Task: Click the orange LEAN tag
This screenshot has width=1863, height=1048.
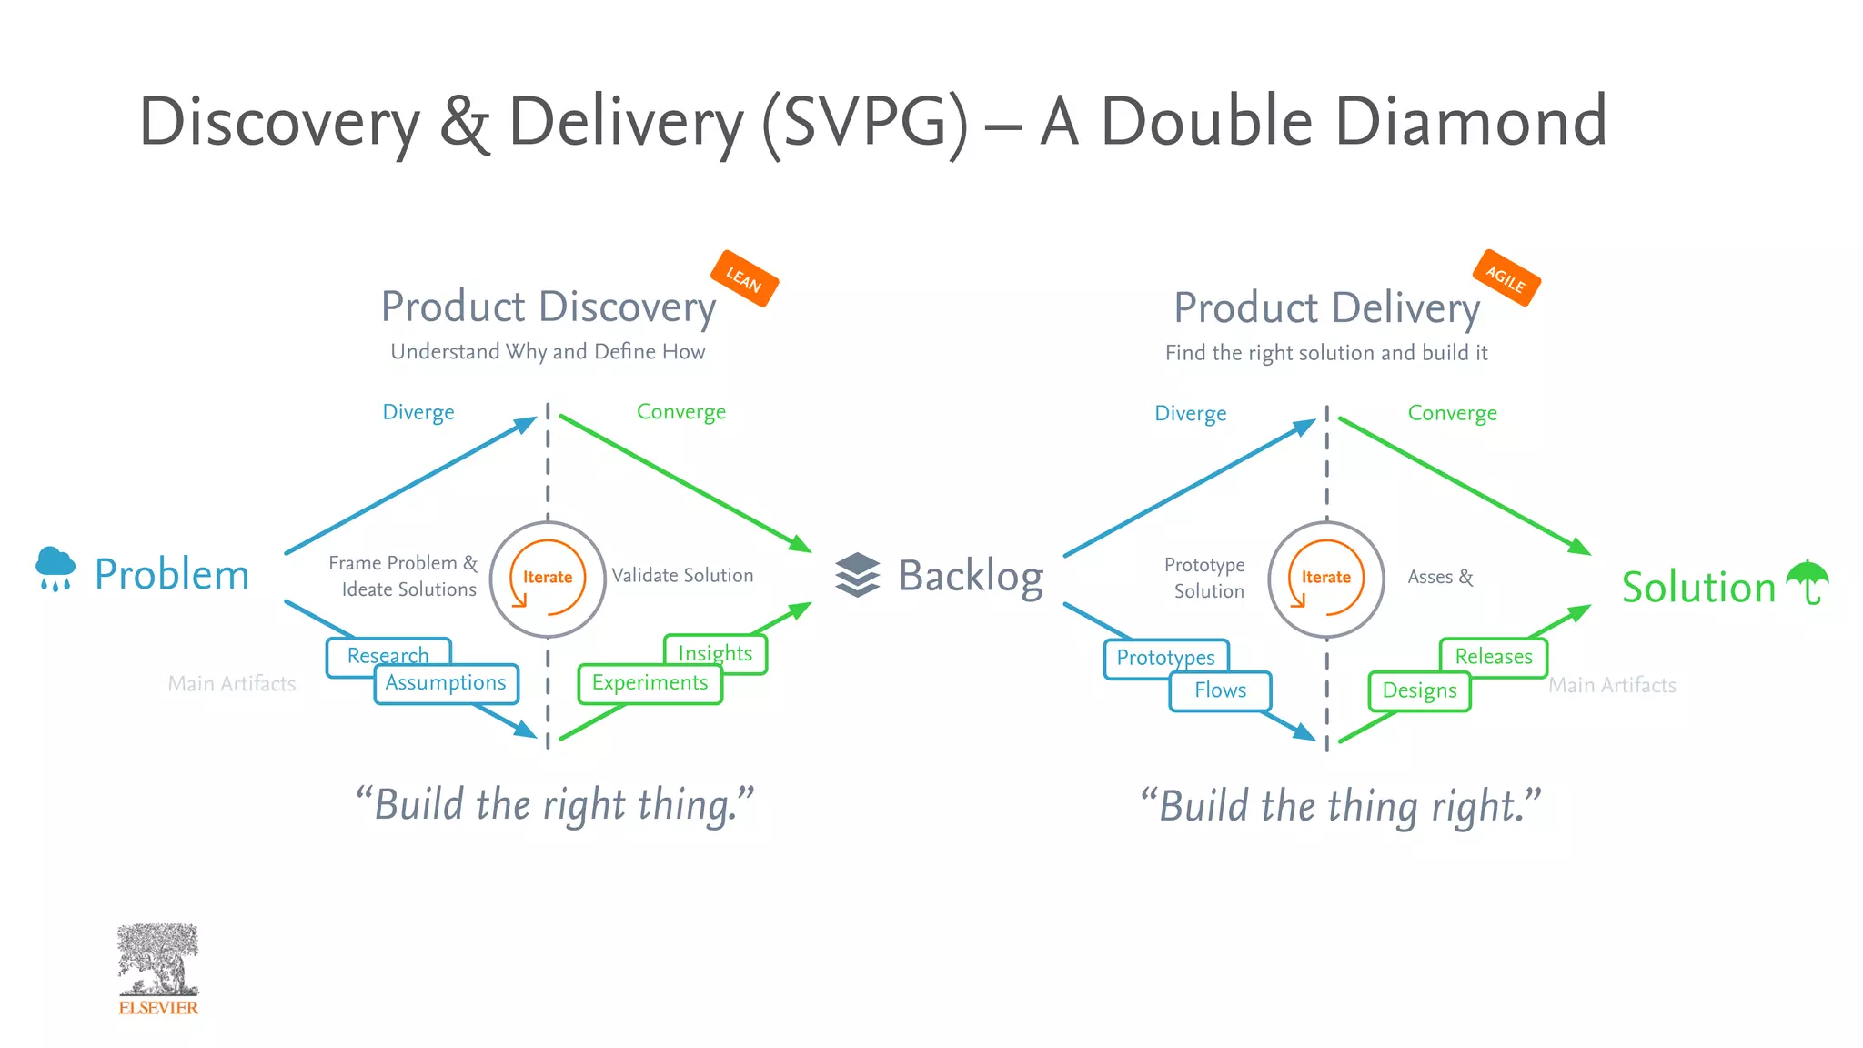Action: (743, 278)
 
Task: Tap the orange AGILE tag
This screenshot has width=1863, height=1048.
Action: (1506, 277)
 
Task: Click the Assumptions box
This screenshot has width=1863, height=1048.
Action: (446, 684)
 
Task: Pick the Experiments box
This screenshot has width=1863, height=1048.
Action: (650, 684)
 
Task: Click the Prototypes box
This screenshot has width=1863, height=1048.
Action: (1165, 657)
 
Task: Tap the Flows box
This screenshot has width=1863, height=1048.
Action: (1220, 691)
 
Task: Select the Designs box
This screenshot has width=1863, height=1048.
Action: (1419, 691)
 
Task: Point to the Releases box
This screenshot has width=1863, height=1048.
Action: (1493, 657)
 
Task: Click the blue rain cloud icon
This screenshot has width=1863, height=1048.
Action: (55, 569)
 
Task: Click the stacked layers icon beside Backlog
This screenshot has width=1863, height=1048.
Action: (857, 575)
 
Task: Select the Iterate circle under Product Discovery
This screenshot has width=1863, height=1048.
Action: (548, 578)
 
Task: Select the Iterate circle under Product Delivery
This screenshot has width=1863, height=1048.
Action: (1325, 578)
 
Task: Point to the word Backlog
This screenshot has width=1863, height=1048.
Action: (971, 576)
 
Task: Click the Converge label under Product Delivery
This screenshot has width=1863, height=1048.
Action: (1452, 413)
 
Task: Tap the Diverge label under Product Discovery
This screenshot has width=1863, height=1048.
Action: (418, 412)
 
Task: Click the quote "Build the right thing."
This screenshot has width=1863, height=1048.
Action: (555, 805)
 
